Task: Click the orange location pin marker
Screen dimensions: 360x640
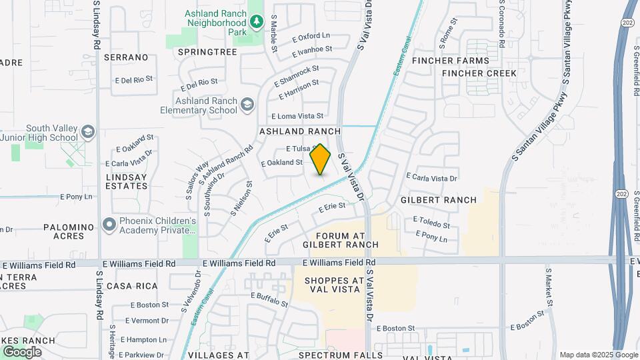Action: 321,159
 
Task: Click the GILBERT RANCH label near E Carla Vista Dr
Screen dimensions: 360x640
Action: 439,200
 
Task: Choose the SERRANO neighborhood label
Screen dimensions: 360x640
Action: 126,58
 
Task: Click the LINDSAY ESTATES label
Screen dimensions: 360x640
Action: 126,181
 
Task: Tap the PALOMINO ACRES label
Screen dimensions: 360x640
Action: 73,231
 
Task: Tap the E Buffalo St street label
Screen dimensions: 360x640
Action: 269,299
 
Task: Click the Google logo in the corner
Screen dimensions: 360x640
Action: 22,351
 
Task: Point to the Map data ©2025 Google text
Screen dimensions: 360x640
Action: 597,355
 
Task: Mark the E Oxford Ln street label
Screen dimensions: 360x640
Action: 311,36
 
